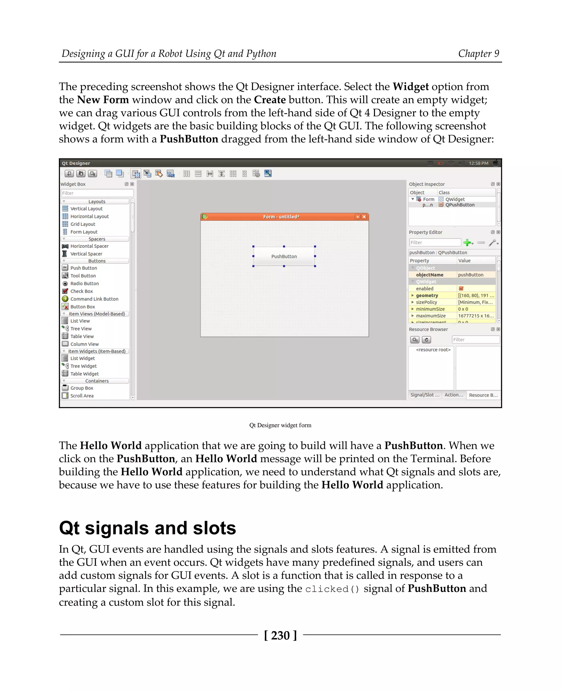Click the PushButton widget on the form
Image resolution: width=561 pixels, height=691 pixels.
(284, 256)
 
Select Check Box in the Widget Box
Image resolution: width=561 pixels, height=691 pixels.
(81, 291)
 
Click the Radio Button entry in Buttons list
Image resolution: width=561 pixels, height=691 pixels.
(84, 283)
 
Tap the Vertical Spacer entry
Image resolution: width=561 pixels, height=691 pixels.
(86, 254)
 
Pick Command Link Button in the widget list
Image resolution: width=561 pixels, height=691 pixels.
(94, 299)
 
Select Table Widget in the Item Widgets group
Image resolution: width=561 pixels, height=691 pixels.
(84, 374)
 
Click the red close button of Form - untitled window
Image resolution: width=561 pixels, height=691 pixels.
(364, 217)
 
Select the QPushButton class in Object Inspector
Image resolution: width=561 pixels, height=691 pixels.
(460, 205)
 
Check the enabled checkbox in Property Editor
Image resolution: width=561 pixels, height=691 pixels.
(461, 289)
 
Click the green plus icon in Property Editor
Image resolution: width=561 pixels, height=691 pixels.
(467, 242)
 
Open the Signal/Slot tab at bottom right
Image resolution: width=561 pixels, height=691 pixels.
(425, 395)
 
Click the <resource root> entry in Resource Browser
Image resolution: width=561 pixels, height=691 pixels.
(433, 350)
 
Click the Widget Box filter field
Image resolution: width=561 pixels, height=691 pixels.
(97, 193)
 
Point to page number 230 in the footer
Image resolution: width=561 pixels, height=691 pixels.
(280, 635)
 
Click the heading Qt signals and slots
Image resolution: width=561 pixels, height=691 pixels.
(147, 528)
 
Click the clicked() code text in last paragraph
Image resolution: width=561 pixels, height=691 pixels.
(332, 589)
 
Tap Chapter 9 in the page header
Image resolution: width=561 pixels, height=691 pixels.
(478, 54)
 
